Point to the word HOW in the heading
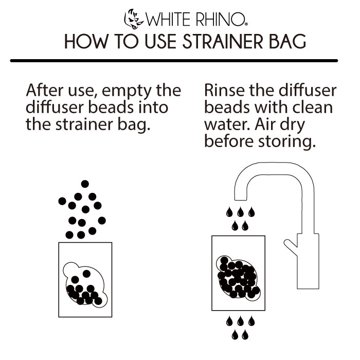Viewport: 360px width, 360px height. pyautogui.click(x=83, y=41)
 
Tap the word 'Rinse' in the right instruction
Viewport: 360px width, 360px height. pyautogui.click(x=224, y=91)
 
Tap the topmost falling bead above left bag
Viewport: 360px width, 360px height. pyautogui.click(x=85, y=184)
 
